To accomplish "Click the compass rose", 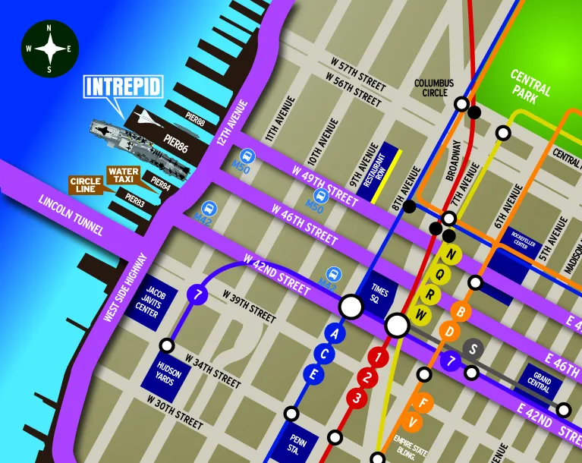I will tap(49, 49).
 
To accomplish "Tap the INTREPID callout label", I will tap(124, 87).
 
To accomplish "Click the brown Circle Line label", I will tap(85, 185).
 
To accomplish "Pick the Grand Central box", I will tap(541, 381).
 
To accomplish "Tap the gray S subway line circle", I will tap(473, 349).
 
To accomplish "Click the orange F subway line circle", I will tap(425, 402).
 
